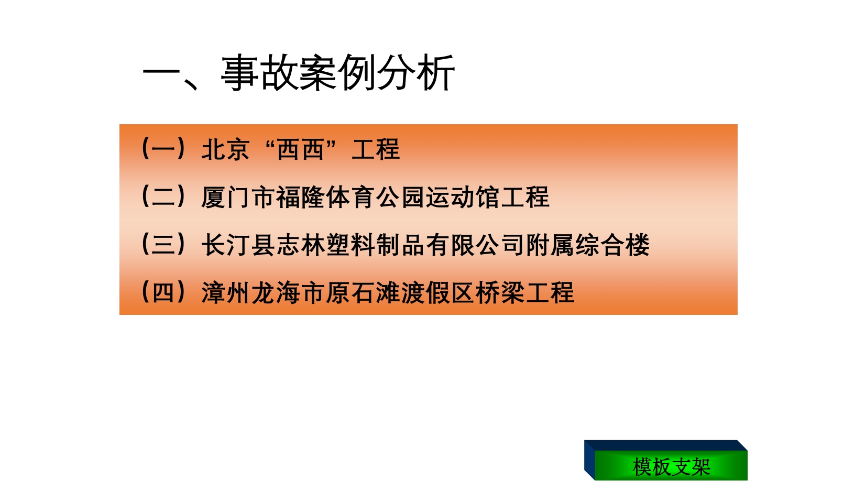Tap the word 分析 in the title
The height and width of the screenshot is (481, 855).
pos(416,72)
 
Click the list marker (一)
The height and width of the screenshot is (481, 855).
pos(163,148)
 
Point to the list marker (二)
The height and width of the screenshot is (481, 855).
pos(163,196)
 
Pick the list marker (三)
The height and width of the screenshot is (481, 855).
pos(163,245)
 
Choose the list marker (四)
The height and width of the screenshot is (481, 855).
pos(163,293)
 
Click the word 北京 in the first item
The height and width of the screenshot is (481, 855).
pos(226,149)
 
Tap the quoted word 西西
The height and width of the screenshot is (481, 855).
pos(300,149)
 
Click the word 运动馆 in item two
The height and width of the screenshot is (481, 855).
pos(463,197)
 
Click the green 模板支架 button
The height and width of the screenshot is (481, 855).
pos(671,466)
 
